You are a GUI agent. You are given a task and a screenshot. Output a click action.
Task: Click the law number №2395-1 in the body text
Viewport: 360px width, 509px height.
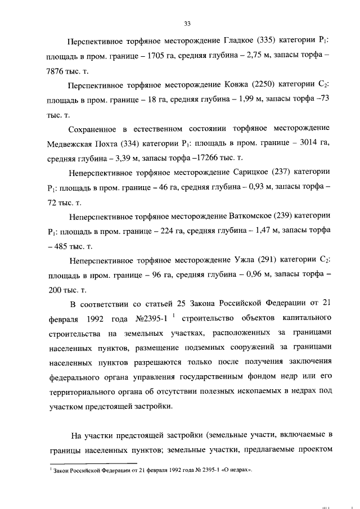pyautogui.click(x=148, y=318)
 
